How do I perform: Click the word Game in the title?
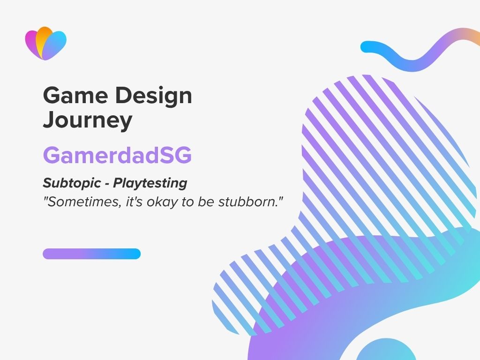pos(75,95)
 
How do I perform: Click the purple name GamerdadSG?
pos(117,155)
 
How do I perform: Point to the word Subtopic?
pos(72,183)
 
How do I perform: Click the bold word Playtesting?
pos(150,183)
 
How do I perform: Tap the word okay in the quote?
pos(162,202)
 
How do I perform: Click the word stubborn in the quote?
pos(248,202)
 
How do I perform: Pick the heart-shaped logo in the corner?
pos(45,44)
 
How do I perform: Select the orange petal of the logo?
pos(43,38)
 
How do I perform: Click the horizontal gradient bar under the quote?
pos(91,254)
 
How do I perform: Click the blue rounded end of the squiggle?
pos(367,47)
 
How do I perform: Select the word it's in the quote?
pos(135,202)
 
